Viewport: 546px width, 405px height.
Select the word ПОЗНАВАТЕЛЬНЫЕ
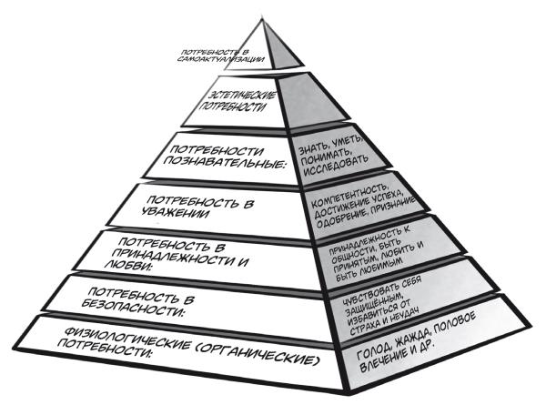(227, 164)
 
